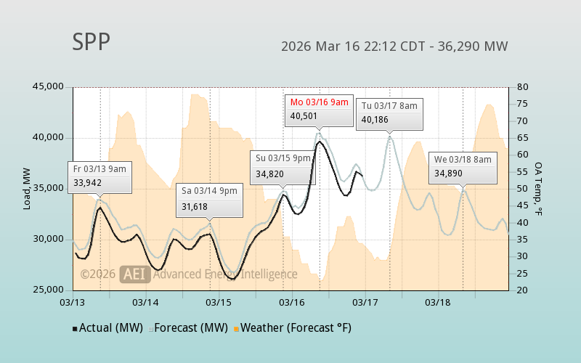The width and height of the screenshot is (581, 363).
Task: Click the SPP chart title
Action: pos(92,42)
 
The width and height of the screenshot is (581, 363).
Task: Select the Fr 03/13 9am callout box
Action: pos(99,176)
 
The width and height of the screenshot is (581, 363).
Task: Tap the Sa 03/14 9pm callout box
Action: pos(209,198)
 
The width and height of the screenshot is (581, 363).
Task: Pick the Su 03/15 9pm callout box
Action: pos(283,165)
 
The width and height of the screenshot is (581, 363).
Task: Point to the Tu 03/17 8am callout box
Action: pos(389,113)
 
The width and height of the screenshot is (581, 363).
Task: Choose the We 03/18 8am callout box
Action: pos(463,166)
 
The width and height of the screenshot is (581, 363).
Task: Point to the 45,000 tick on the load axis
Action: pos(49,87)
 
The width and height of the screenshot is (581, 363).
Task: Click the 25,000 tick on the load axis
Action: pos(49,290)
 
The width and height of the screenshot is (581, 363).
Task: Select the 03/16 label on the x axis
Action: pos(292,301)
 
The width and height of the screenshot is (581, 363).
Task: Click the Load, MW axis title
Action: pos(27,189)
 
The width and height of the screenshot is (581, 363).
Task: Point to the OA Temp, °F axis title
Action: pos(540,189)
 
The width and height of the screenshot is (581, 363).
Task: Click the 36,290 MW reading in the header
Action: pos(476,46)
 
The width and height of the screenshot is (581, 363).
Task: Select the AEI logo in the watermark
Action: pos(134,274)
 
